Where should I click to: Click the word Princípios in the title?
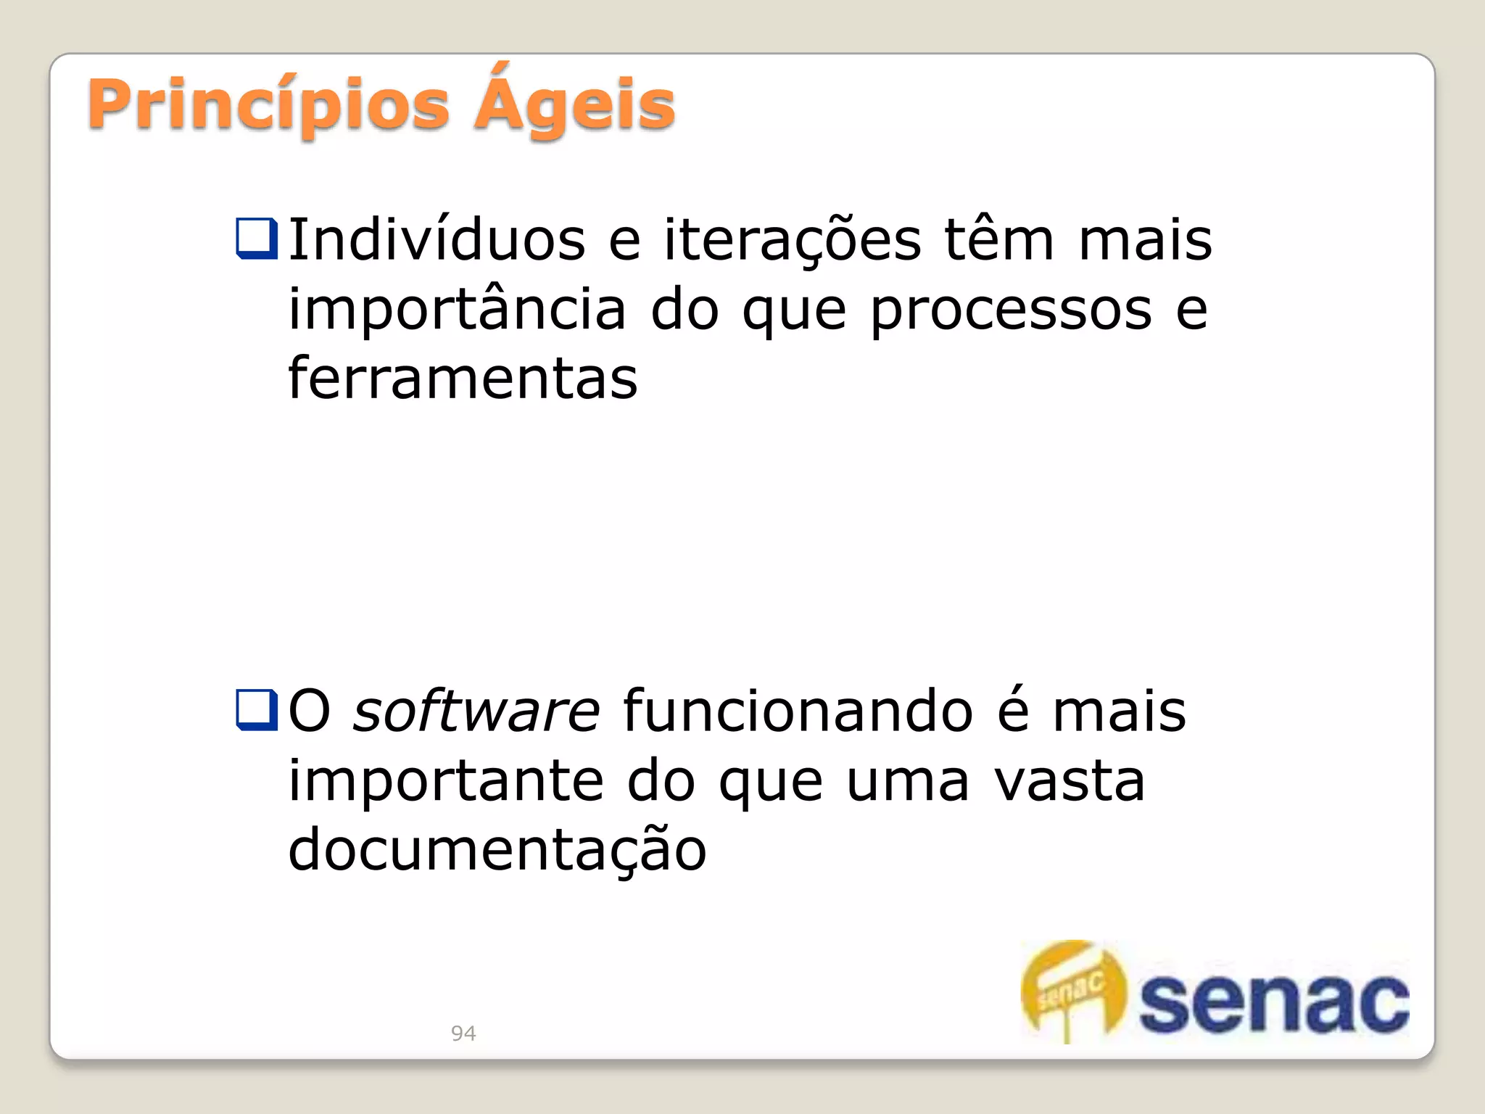268,106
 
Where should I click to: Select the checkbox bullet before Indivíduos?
257,239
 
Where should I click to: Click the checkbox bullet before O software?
257,709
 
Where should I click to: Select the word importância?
457,310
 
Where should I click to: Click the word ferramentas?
463,379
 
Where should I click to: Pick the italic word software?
476,711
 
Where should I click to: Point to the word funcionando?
798,711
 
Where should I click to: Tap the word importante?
446,782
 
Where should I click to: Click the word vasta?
1070,782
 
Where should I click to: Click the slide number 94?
463,1033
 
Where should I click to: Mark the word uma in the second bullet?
908,782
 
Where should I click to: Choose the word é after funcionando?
1013,711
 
